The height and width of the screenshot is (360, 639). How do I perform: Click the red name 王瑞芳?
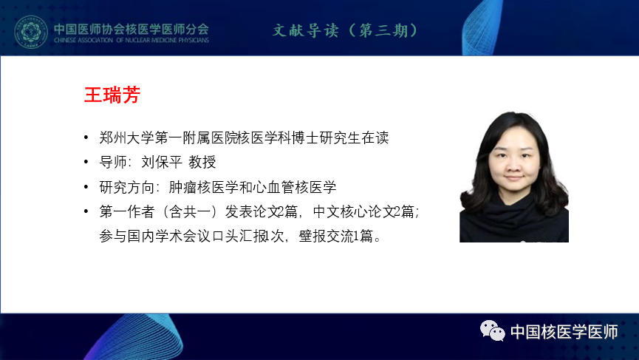(112, 95)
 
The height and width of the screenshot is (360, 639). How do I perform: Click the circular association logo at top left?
(30, 32)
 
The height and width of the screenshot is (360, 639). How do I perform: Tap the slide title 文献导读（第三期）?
(346, 30)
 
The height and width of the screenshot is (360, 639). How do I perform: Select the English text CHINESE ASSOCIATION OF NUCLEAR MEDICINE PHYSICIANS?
(131, 40)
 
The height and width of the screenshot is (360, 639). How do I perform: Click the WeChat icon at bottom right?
(492, 330)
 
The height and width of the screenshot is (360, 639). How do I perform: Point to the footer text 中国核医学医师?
(564, 332)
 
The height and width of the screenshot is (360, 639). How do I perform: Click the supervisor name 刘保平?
(162, 163)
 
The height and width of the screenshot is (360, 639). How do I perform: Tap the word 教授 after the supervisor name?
(202, 163)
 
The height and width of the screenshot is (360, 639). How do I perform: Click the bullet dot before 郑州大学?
(86, 137)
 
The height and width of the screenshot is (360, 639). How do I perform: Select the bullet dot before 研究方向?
(86, 187)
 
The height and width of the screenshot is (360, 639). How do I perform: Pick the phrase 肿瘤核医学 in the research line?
(203, 187)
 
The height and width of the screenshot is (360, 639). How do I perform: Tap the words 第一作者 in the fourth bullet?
(127, 211)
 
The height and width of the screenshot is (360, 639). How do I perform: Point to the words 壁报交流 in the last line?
(326, 236)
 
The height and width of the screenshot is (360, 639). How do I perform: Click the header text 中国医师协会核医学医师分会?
(131, 29)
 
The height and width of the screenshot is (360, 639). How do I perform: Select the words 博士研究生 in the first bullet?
(327, 137)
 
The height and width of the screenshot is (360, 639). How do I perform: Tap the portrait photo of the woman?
(514, 177)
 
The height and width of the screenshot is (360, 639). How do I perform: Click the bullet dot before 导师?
(86, 162)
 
